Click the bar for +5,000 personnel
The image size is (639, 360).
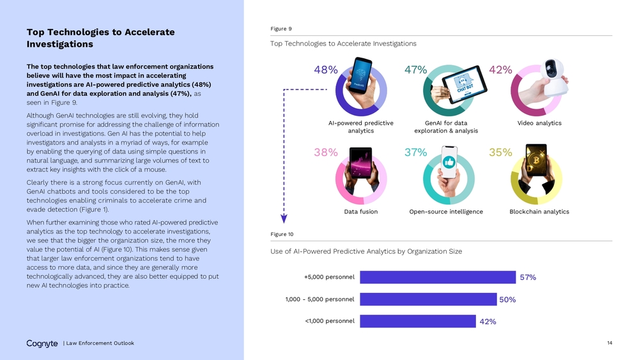(x=438, y=278)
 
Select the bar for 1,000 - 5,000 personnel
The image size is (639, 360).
(x=428, y=299)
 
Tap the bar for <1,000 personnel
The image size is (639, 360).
(x=418, y=321)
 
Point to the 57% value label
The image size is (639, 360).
(x=528, y=278)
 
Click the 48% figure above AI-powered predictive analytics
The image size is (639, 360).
(x=326, y=70)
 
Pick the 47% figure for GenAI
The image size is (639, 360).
(x=416, y=70)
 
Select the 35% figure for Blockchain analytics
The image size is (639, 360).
(x=500, y=152)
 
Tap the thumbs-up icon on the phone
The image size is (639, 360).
(x=449, y=162)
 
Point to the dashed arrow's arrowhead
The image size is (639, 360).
(x=284, y=219)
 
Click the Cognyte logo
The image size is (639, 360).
(x=42, y=343)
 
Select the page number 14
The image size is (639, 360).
(x=610, y=343)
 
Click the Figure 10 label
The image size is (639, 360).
(x=282, y=234)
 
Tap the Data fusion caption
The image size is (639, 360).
(x=360, y=212)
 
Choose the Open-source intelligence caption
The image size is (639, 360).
(x=446, y=212)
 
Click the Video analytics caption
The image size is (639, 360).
(x=539, y=123)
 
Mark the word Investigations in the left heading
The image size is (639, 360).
(x=60, y=44)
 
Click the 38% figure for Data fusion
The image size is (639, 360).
(x=326, y=152)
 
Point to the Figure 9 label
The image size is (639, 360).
(x=281, y=29)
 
